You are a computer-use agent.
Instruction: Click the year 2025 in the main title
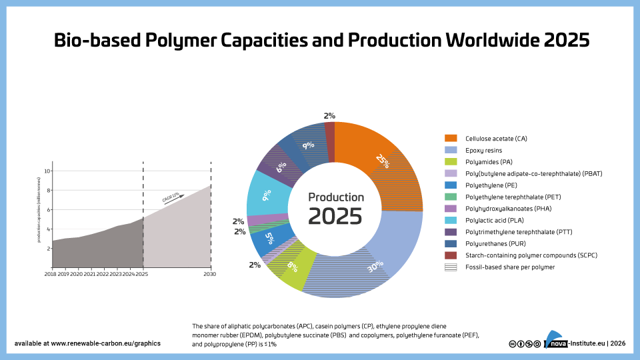click(x=566, y=40)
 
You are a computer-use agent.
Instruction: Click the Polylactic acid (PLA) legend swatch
click(x=451, y=220)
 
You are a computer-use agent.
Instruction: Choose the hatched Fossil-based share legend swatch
click(x=451, y=267)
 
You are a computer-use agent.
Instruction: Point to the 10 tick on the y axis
click(x=47, y=171)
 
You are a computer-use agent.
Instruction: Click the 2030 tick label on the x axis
click(x=209, y=274)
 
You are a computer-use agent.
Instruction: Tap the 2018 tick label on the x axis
click(x=51, y=274)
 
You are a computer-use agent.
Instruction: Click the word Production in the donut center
click(x=335, y=197)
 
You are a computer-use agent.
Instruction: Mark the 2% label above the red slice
click(x=329, y=116)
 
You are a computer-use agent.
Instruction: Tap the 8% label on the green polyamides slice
click(x=292, y=267)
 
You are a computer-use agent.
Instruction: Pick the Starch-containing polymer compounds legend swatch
click(x=451, y=255)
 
